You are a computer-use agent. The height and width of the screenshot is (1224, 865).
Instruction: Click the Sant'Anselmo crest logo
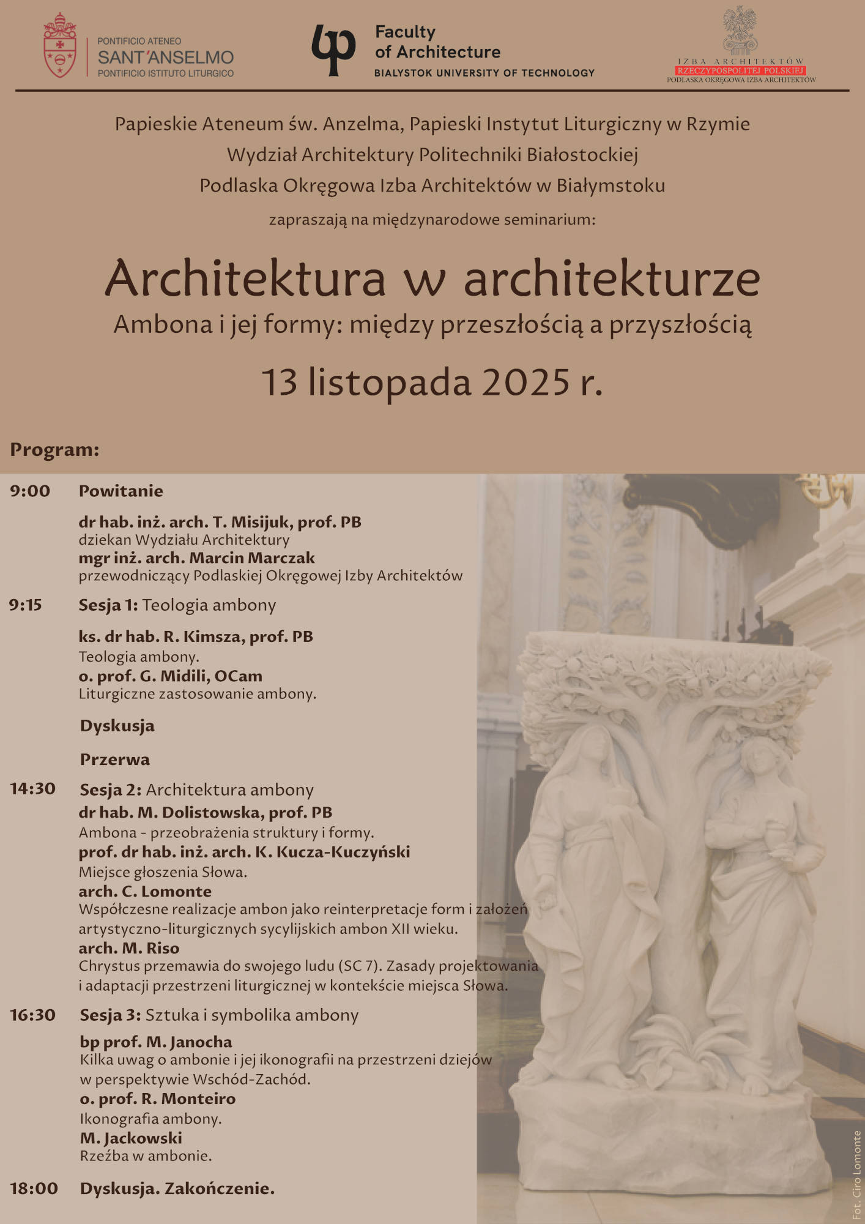pos(59,46)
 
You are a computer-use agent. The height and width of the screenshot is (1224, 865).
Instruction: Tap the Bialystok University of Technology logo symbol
pos(333,50)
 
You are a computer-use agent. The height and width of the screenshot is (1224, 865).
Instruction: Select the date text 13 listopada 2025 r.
pos(432,382)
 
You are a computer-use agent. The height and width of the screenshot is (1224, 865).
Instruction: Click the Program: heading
pos(54,450)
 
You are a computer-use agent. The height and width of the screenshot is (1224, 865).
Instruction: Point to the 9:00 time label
pos(30,491)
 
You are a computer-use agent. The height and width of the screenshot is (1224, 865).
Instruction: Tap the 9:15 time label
pos(26,605)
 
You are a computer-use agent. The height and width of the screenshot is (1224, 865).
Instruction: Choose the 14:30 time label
pos(32,788)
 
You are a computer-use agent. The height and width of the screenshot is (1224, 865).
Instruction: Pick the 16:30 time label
pos(32,1015)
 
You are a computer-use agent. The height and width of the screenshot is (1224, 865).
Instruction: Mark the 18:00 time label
pos(34,1189)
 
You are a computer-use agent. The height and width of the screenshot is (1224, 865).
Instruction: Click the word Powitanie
pos(121,491)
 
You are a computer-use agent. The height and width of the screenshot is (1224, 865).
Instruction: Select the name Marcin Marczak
pos(252,558)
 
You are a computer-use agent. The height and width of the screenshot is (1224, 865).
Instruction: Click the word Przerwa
pos(115,759)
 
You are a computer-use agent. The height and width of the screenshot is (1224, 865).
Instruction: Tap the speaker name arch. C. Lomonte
pos(145,891)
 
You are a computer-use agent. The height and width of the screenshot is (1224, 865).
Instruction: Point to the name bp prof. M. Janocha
pos(156,1042)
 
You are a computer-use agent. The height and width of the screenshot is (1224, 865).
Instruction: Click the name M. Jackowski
pos(131,1138)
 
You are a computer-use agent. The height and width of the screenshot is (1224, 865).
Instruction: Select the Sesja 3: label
pos(111,1015)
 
